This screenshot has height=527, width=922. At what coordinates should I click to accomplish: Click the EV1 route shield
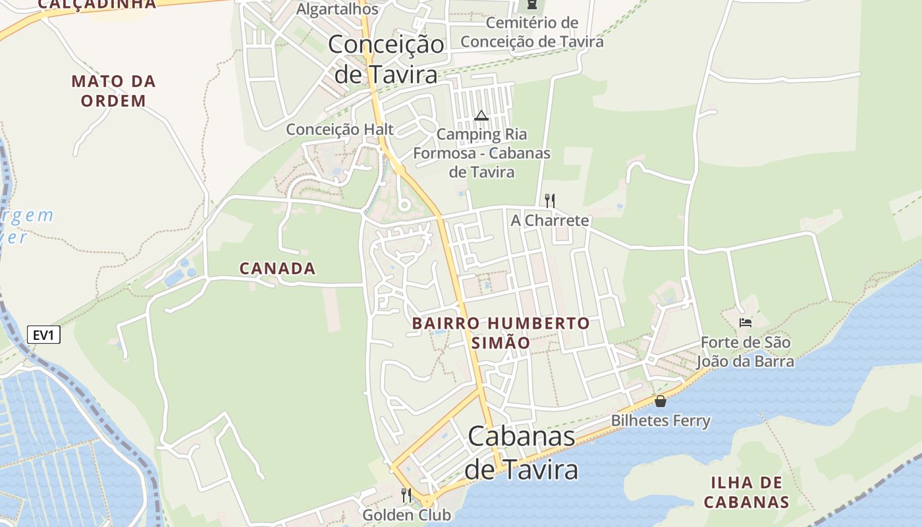(x=43, y=335)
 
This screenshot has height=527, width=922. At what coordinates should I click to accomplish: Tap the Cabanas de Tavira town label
(x=521, y=453)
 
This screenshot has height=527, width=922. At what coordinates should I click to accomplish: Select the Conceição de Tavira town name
(x=386, y=59)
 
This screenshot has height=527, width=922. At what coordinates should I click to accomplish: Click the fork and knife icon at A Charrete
(x=549, y=200)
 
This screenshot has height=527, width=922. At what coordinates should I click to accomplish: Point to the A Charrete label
(x=549, y=220)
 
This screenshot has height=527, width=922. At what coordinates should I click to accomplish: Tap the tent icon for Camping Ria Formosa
(x=481, y=116)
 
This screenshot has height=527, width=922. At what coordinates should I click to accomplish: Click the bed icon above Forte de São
(x=745, y=322)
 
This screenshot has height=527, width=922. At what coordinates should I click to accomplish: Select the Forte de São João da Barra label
(x=746, y=352)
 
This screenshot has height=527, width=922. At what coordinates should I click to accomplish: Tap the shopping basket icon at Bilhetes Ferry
(x=661, y=401)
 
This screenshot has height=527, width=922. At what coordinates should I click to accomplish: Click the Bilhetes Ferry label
(x=661, y=420)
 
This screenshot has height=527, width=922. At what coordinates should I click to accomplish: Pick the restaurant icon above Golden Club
(x=406, y=495)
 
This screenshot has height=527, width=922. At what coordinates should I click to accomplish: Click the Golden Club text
(x=406, y=514)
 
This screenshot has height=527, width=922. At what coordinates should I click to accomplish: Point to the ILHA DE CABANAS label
(x=746, y=492)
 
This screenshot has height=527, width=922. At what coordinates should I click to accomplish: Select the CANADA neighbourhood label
(x=277, y=268)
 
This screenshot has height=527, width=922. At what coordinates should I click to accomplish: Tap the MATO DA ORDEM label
(x=113, y=91)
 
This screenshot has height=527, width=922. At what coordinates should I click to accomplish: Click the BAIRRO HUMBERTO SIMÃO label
(x=501, y=333)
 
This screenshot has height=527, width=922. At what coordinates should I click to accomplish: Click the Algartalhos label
(x=337, y=9)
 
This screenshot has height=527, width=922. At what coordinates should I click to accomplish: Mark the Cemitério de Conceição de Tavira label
(x=532, y=32)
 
